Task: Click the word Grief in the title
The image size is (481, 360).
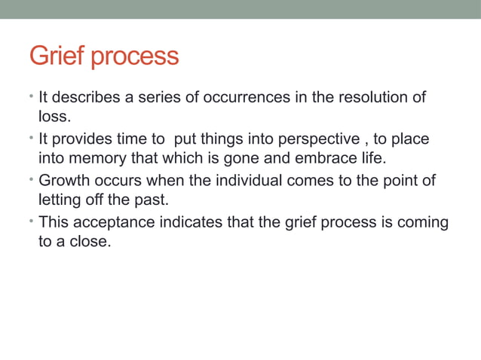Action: pyautogui.click(x=57, y=56)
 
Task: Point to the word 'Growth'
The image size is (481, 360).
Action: pyautogui.click(x=63, y=181)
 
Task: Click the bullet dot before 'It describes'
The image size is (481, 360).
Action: pyautogui.click(x=32, y=98)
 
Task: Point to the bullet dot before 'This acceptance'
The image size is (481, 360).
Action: pyautogui.click(x=32, y=222)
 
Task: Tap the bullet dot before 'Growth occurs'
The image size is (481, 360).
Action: pyautogui.click(x=32, y=181)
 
